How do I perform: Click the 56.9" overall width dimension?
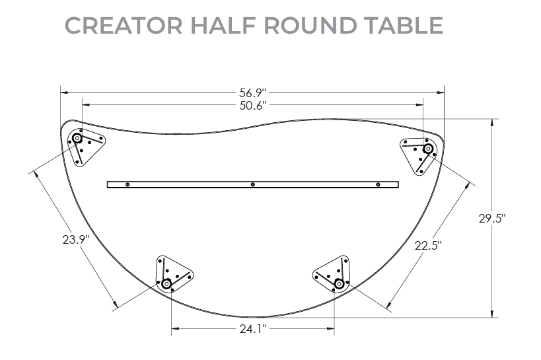click(x=252, y=92)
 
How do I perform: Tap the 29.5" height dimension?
click(x=492, y=219)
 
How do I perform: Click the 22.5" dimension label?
click(x=428, y=246)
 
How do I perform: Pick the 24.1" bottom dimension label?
click(x=252, y=328)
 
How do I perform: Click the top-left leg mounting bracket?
click(x=85, y=145)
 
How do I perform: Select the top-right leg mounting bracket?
click(x=420, y=153)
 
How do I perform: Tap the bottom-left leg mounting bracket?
click(x=172, y=274)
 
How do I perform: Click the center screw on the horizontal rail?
click(x=253, y=184)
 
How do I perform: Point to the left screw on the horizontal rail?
click(x=128, y=184)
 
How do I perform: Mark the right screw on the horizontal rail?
click(x=378, y=184)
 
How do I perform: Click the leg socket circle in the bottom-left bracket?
click(x=166, y=284)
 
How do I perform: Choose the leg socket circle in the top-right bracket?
click(x=427, y=149)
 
